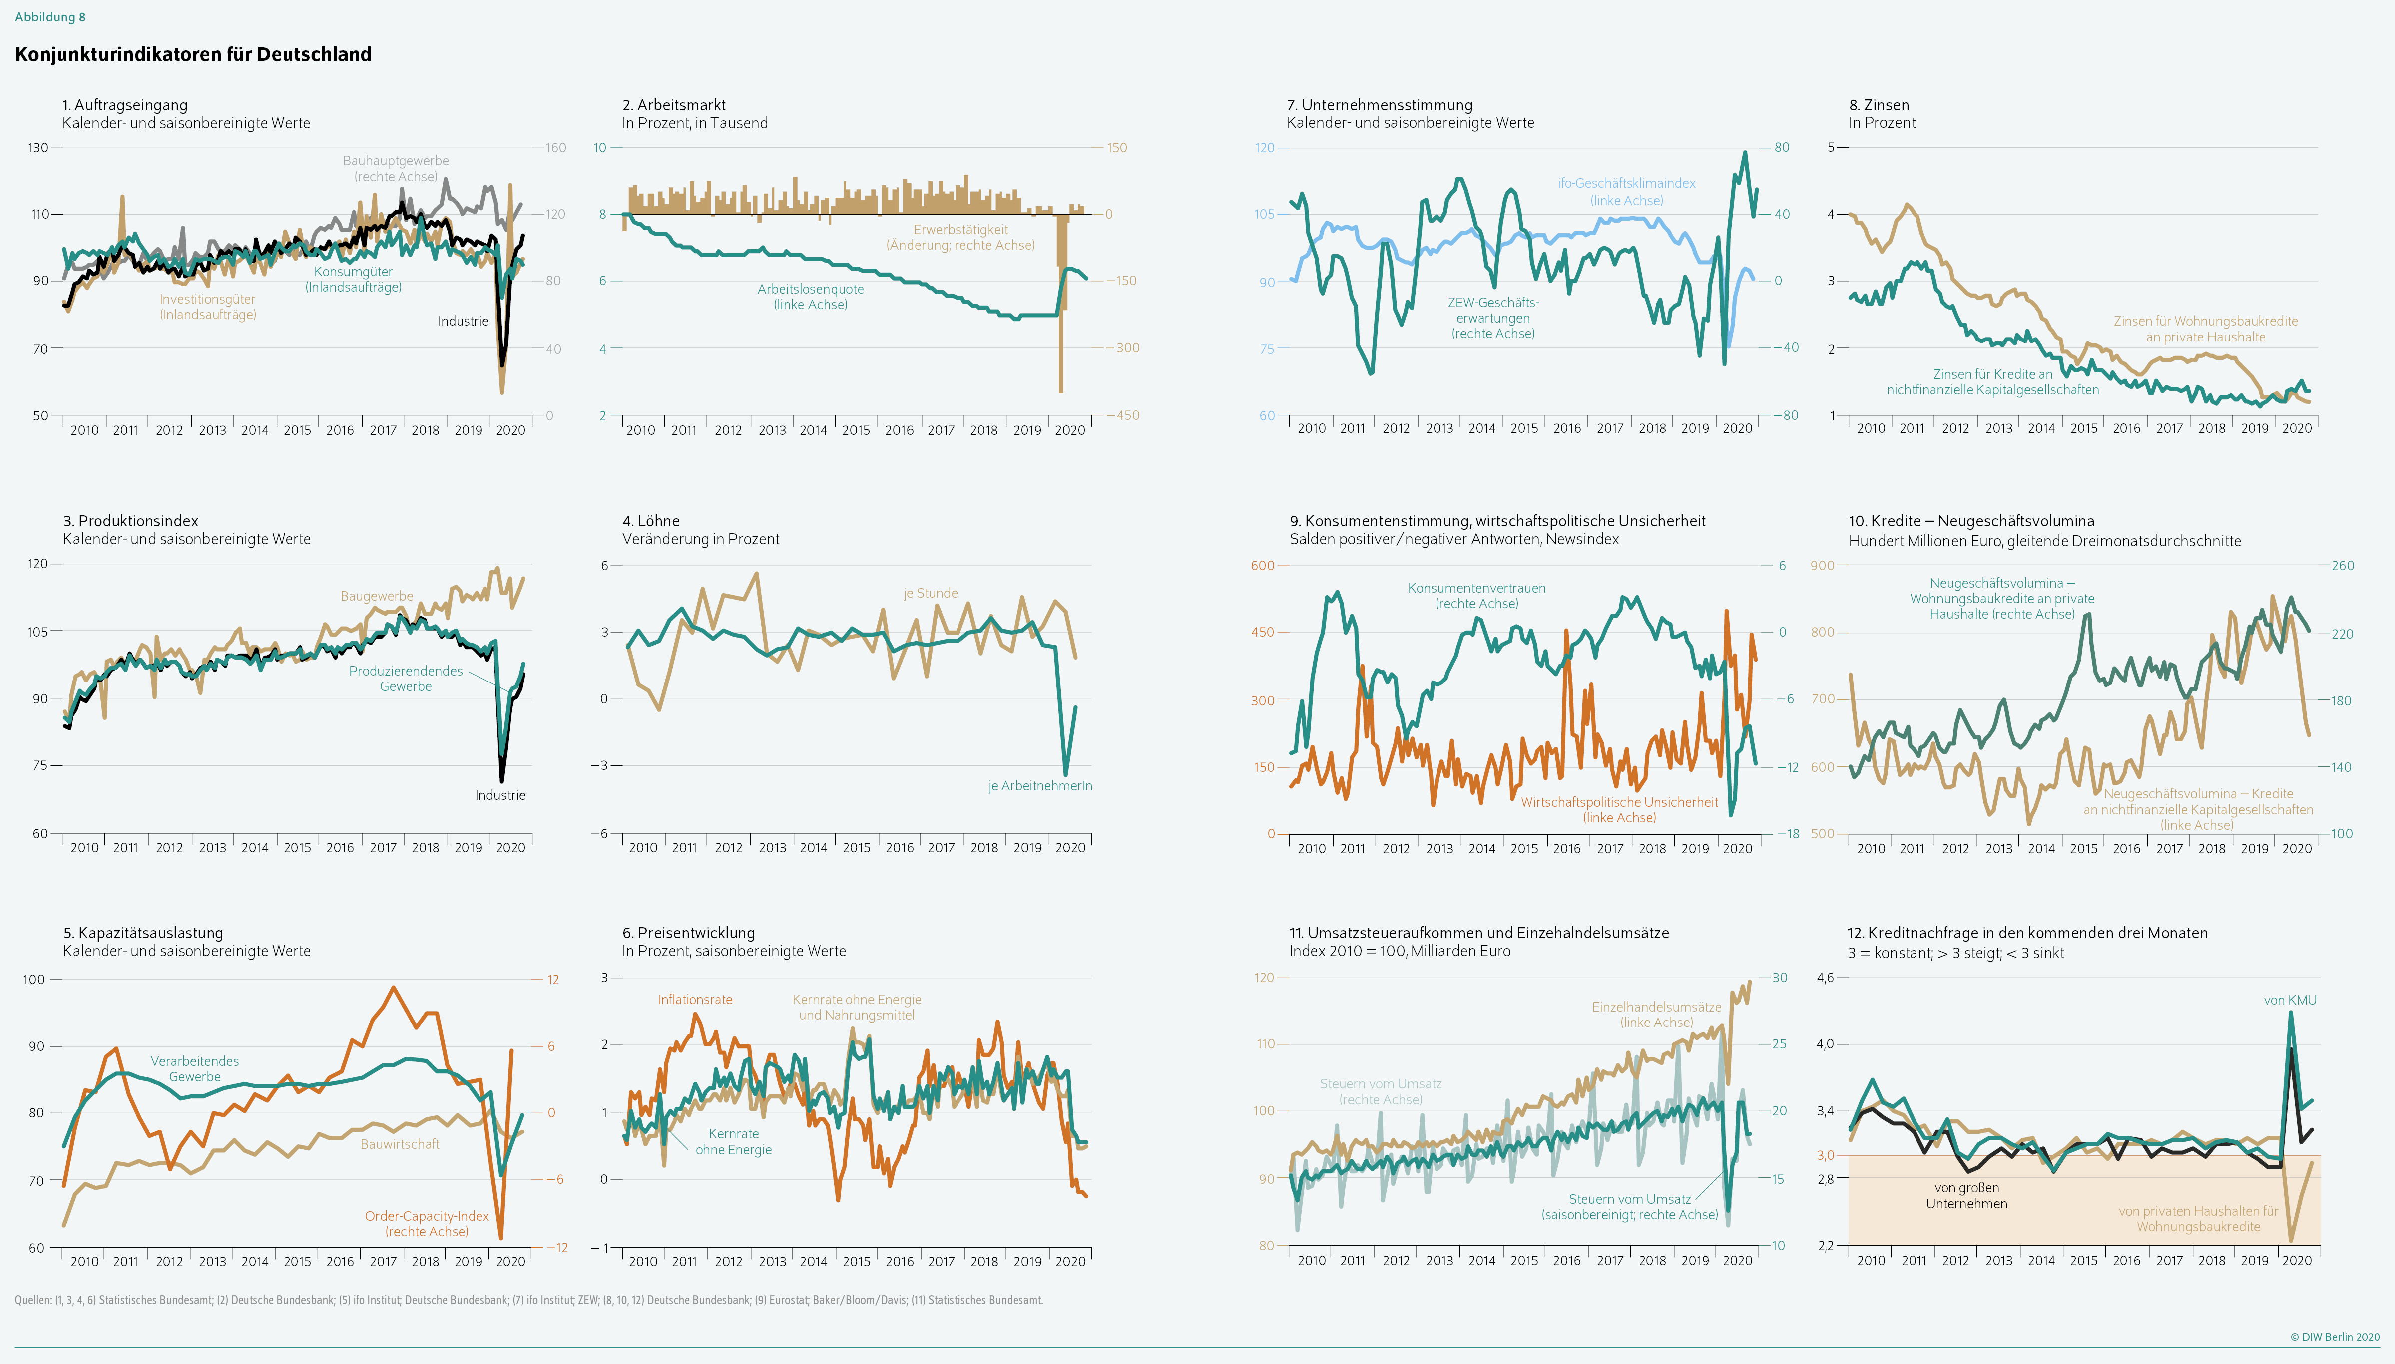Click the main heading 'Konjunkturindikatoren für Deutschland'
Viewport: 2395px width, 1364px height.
(193, 54)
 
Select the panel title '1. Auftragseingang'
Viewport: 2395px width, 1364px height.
(125, 105)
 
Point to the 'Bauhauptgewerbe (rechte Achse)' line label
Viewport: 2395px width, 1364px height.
(396, 169)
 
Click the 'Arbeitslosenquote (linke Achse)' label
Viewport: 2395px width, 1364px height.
(811, 296)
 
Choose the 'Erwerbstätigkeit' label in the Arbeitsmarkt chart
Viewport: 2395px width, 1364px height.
(960, 230)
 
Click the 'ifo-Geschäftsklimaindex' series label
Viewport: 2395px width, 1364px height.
(1627, 184)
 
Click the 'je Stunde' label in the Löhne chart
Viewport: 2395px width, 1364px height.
(931, 593)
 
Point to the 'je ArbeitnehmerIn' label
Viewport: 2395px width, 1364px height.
(1040, 786)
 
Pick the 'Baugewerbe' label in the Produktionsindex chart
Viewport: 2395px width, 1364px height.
(377, 596)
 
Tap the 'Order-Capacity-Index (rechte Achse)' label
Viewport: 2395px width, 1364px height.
(427, 1224)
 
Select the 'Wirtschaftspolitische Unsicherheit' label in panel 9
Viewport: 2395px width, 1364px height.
(1619, 802)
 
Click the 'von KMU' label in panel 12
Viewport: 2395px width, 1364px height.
(2290, 1000)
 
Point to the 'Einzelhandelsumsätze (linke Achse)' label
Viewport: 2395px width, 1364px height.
(1657, 1015)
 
